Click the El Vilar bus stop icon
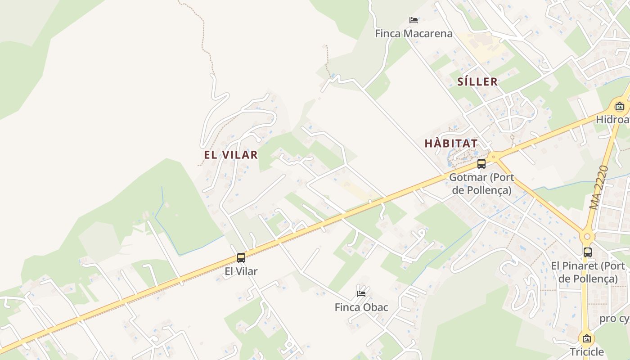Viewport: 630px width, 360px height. point(241,258)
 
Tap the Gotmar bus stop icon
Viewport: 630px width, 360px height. point(481,164)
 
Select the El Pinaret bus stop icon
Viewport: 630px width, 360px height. point(587,252)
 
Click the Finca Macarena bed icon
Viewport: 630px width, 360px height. point(414,20)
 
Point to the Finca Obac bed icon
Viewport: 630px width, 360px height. point(361,294)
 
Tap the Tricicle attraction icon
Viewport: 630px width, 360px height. point(586,338)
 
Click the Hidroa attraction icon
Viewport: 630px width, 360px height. point(620,107)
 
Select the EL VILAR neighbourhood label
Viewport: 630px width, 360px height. point(231,155)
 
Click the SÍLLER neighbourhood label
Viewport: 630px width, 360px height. point(477,81)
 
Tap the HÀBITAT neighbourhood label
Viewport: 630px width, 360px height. point(451,144)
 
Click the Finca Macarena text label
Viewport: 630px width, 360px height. point(414,34)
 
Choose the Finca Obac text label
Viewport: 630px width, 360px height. point(361,307)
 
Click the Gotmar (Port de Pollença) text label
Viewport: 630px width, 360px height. point(481,184)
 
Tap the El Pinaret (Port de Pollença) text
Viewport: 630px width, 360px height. point(588,272)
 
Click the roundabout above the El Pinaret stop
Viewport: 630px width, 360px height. point(586,237)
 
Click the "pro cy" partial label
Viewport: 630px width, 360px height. point(614,319)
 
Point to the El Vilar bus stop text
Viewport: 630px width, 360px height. point(241,271)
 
